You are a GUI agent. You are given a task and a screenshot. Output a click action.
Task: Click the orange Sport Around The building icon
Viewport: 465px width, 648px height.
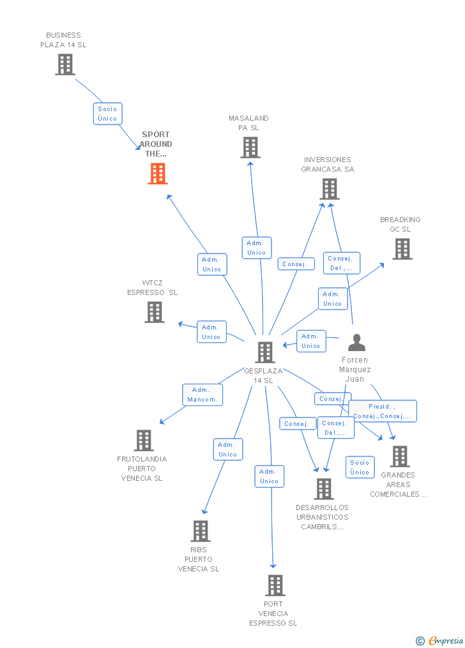158,174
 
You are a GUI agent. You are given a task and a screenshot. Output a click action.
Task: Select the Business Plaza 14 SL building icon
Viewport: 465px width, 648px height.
65,64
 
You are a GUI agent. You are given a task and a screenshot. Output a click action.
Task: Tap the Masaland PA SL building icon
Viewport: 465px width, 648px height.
250,147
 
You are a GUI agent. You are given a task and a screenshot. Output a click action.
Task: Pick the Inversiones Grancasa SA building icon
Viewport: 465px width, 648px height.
330,189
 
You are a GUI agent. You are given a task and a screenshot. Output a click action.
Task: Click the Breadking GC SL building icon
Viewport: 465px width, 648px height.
402,249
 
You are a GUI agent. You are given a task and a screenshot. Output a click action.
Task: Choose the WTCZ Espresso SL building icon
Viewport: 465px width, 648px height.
155,312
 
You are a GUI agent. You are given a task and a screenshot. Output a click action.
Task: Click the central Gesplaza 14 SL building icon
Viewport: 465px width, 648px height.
265,352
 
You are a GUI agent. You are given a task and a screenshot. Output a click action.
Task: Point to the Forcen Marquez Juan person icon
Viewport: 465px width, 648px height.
356,343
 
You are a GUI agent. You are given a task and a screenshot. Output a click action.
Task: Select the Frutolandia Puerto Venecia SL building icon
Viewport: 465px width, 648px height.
144,441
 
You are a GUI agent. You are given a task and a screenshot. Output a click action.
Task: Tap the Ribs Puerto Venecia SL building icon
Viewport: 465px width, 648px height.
201,531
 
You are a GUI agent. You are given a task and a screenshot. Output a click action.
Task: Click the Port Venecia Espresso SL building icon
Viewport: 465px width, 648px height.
275,585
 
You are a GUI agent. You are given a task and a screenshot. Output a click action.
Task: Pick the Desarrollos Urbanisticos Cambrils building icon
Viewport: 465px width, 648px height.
324,489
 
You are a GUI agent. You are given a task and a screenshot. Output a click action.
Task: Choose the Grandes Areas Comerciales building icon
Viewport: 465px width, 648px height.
400,456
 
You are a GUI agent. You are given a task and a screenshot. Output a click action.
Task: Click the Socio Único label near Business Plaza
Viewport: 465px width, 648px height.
107,114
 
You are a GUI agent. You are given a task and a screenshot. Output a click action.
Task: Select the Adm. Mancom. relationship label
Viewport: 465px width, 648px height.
202,395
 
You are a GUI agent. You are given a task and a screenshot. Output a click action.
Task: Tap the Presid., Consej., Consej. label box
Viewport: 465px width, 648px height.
383,411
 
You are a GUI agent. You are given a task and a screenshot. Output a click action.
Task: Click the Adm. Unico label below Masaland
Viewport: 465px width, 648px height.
257,248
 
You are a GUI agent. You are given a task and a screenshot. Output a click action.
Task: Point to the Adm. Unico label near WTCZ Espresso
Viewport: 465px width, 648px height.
211,332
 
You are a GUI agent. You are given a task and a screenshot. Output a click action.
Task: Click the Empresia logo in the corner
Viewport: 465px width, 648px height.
441,640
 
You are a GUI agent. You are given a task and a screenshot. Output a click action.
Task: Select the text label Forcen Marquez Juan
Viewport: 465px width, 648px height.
355,369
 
